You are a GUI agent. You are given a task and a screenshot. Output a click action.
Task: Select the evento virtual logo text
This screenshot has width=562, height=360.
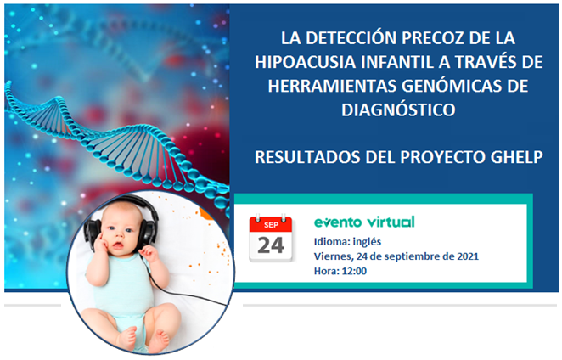[363, 222]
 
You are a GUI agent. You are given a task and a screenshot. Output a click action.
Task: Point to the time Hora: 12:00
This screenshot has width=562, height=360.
[340, 270]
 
